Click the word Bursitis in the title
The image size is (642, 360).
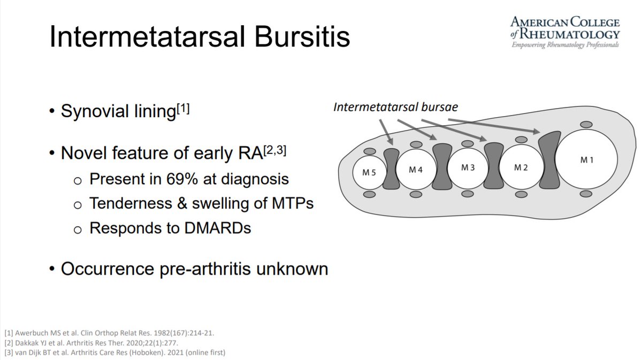pos(302,37)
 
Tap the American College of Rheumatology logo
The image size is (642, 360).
pos(565,33)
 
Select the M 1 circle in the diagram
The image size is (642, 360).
pos(586,159)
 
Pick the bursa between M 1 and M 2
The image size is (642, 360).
pos(549,160)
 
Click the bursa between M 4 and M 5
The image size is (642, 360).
pos(391,169)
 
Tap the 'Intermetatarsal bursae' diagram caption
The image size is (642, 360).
pos(395,107)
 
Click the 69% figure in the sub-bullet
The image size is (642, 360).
pos(182,179)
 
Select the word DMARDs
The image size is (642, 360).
pos(218,228)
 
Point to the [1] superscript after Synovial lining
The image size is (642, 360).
pos(184,109)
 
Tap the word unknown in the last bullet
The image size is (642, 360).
pos(292,269)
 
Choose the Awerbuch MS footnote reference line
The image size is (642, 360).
pos(109,333)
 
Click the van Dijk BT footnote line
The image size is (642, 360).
pos(114,353)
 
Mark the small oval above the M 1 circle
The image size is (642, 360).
pos(586,125)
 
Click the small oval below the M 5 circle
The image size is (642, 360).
pos(369,194)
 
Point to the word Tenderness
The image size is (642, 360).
pos(131,203)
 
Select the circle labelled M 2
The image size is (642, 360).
pos(521,167)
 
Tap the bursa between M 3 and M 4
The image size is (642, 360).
pos(442,166)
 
